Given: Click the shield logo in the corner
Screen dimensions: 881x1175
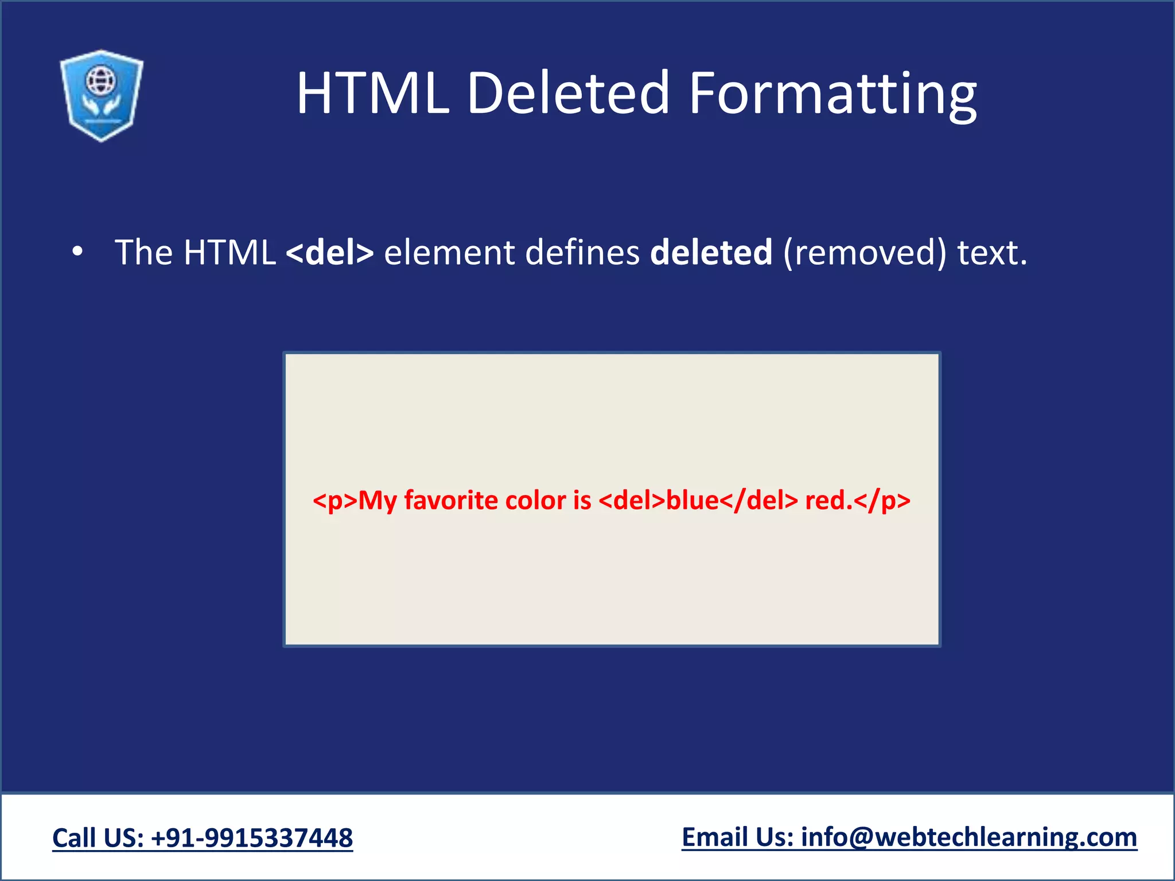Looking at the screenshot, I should coord(102,95).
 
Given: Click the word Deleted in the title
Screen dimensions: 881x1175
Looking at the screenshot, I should coord(569,93).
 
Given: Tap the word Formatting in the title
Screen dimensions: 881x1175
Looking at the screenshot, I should coord(832,94).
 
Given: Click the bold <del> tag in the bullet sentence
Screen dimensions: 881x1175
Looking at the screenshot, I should coord(330,252).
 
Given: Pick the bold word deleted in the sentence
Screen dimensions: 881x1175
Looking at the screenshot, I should coord(711,252).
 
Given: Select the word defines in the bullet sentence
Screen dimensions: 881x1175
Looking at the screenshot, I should coord(582,252).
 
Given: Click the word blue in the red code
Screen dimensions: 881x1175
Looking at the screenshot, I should coord(692,500).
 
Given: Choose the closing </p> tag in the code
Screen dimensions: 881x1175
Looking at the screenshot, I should coord(882,500).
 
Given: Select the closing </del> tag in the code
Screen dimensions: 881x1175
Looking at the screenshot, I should coord(758,500).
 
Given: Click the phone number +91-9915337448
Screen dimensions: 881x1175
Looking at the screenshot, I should coord(252,838).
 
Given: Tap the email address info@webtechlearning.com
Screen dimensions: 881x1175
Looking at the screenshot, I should coord(969,837).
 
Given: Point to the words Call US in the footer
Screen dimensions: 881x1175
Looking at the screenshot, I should coord(98,838).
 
